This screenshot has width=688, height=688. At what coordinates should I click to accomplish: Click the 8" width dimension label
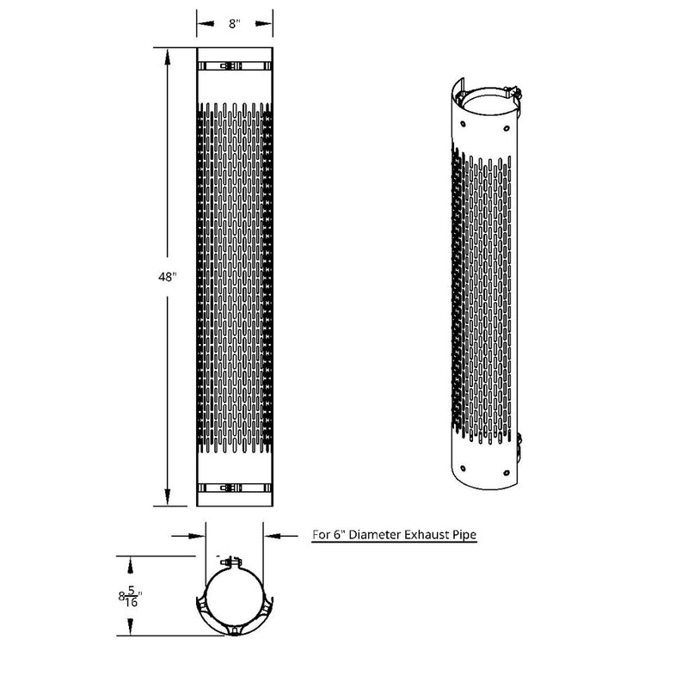pyautogui.click(x=235, y=25)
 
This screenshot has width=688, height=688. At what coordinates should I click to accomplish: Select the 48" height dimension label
pyautogui.click(x=168, y=278)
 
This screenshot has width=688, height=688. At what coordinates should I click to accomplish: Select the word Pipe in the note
pyautogui.click(x=463, y=535)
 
